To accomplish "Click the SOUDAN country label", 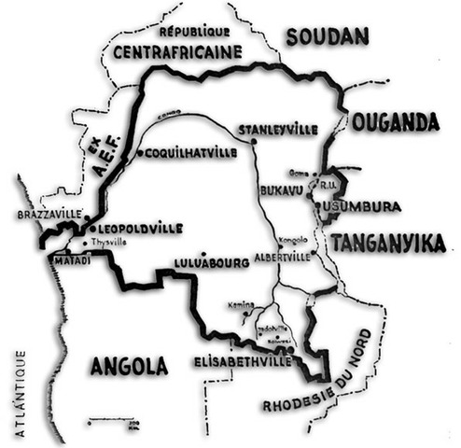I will click(327, 36).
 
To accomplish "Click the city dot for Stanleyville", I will click(254, 141).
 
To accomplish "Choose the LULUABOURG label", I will click(212, 263).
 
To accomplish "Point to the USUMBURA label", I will click(371, 205).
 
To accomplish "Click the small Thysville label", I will click(109, 242).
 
